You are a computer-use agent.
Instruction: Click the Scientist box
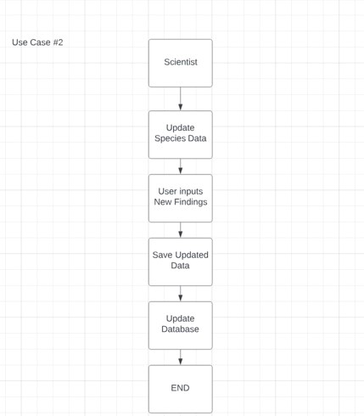point(180,63)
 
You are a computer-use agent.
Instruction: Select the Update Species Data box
point(180,134)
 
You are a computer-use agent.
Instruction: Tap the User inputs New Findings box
point(180,198)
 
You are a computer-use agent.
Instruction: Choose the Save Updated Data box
point(180,261)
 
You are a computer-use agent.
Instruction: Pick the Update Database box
point(180,325)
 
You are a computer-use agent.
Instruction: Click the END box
point(180,389)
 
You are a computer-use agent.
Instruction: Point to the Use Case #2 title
point(37,42)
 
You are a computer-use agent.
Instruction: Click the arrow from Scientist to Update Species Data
point(180,98)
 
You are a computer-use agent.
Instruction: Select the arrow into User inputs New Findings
point(180,166)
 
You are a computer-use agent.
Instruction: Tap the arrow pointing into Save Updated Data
point(180,230)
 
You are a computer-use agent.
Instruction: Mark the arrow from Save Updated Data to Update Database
point(180,294)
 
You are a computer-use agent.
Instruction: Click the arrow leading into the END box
point(180,357)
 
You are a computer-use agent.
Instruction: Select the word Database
point(180,329)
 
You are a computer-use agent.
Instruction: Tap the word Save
point(162,255)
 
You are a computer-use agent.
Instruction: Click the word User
point(167,191)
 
